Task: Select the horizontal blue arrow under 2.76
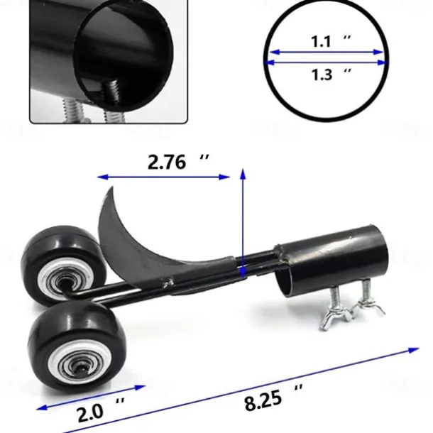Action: [164, 177]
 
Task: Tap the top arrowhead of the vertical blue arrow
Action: [243, 173]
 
